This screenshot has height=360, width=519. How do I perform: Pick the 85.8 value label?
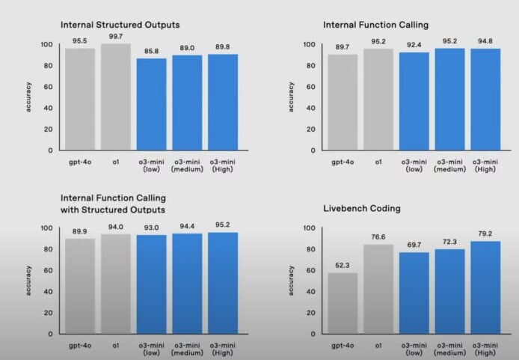point(152,51)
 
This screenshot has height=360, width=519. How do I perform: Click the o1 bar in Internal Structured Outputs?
point(116,97)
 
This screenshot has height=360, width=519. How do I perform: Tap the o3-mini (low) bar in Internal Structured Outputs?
point(152,104)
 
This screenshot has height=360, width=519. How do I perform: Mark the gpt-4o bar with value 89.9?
point(80,285)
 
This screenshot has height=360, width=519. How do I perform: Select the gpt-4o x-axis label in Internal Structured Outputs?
point(80,161)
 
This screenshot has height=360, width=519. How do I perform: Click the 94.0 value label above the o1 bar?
point(116,227)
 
